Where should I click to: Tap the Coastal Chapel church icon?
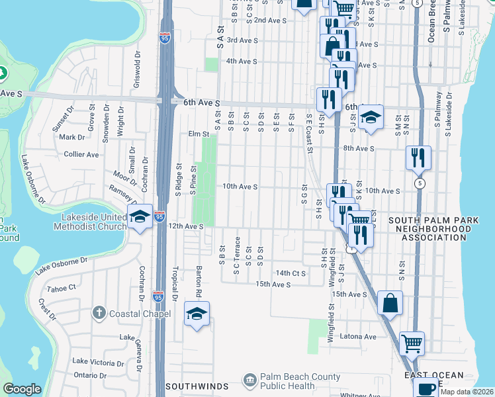(99, 312)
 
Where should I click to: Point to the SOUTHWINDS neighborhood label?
(197, 386)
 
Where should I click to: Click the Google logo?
(22, 389)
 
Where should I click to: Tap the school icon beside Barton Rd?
(197, 316)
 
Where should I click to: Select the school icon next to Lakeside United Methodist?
(140, 217)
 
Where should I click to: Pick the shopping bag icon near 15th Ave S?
(390, 303)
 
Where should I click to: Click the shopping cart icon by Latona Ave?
(412, 343)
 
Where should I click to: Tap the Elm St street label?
(199, 134)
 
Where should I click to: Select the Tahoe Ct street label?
(63, 287)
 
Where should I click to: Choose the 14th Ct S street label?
(291, 273)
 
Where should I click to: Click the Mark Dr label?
(72, 138)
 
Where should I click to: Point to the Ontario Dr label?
(90, 375)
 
